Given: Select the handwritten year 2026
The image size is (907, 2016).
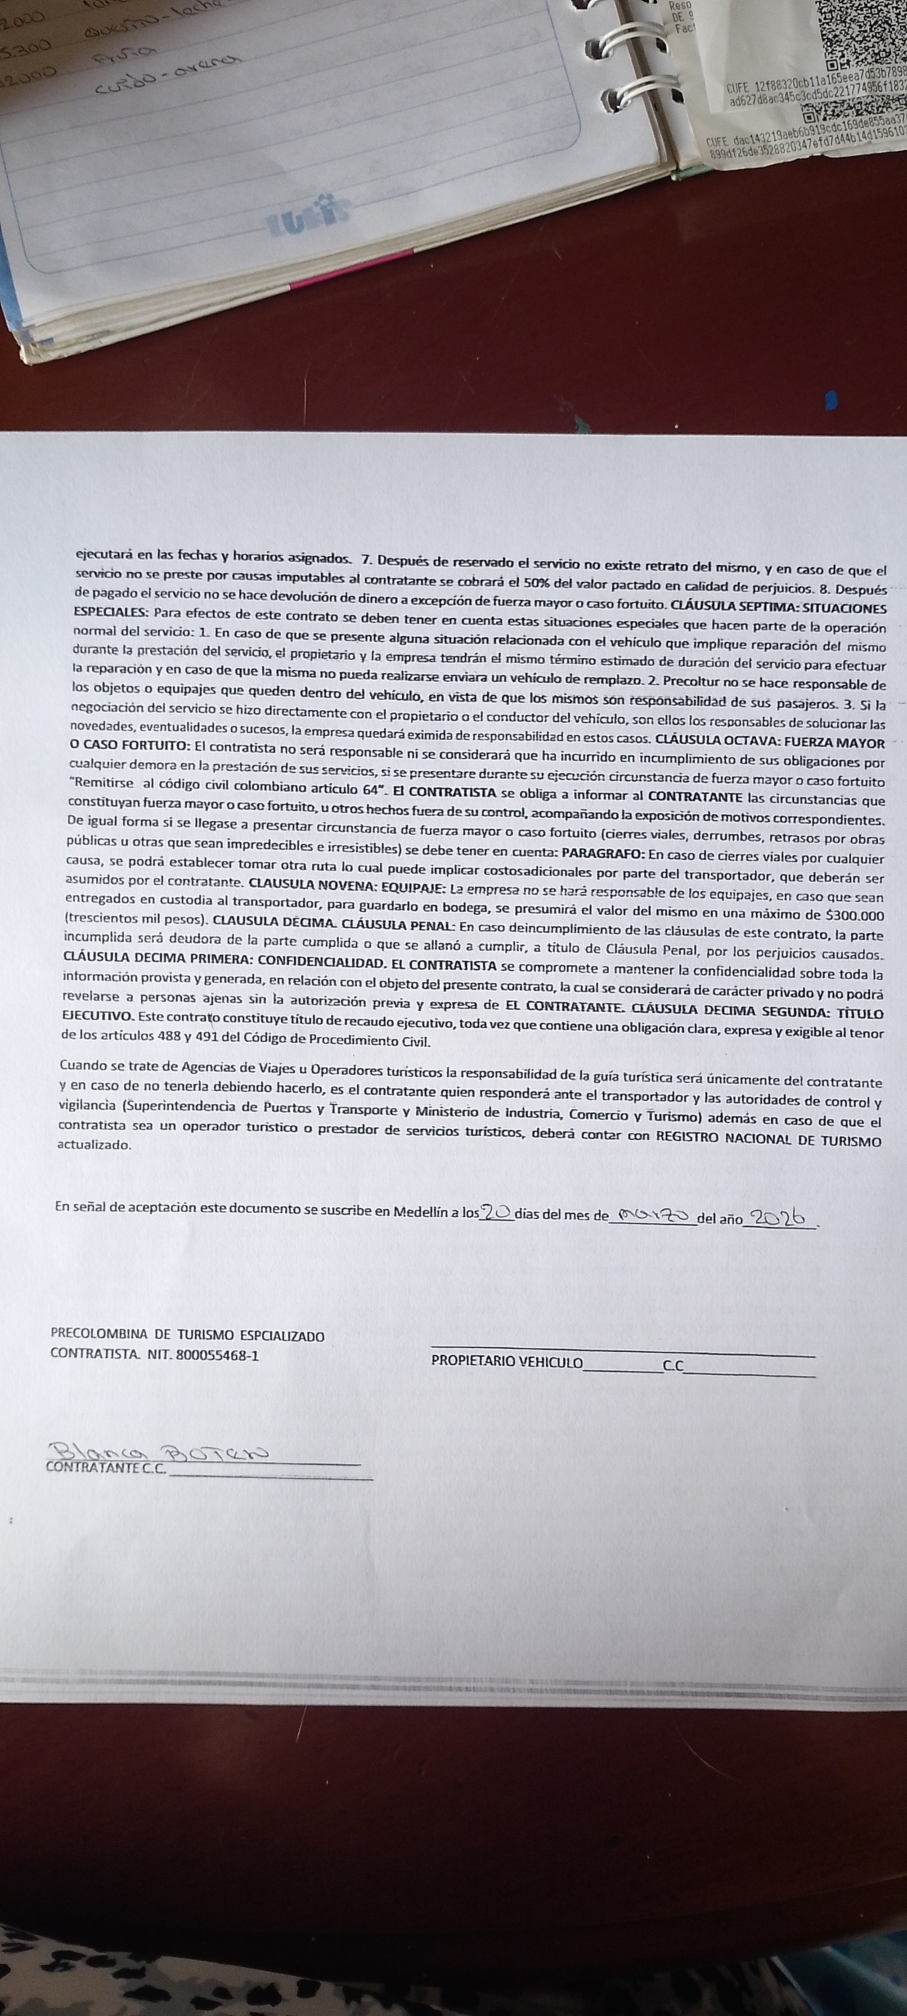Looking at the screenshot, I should pos(777,1219).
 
